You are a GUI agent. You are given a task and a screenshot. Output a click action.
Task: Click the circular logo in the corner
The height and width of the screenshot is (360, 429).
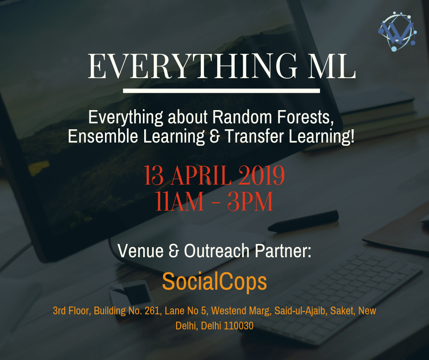click(396, 32)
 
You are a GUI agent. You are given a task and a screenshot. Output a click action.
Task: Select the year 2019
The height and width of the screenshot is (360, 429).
click(264, 176)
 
